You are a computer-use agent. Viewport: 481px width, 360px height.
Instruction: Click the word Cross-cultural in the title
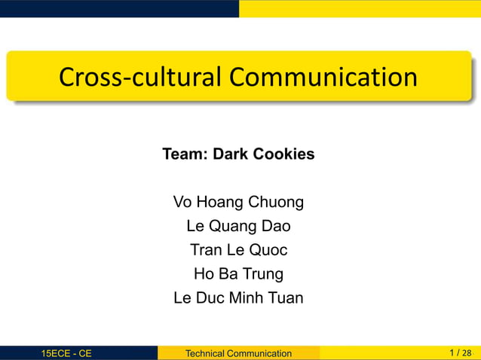point(140,77)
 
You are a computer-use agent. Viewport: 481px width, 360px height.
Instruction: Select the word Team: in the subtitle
point(185,154)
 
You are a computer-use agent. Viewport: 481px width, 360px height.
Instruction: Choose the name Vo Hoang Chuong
point(238,202)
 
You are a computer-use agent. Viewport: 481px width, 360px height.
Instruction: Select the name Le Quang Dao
point(238,226)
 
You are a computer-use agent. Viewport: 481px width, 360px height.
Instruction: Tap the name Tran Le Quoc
point(238,250)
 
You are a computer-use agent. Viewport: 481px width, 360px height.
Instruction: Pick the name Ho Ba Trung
point(238,273)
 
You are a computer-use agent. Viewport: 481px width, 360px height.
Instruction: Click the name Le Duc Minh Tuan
point(238,297)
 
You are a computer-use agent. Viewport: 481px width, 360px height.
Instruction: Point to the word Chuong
point(279,202)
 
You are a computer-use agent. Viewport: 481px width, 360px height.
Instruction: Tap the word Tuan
point(286,297)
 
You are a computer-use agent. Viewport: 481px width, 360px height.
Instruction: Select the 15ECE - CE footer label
point(67,353)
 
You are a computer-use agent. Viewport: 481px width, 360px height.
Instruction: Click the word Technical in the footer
point(207,353)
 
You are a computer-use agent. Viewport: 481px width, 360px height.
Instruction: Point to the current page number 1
point(451,352)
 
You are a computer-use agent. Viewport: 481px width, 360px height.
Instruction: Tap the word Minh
point(252,297)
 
